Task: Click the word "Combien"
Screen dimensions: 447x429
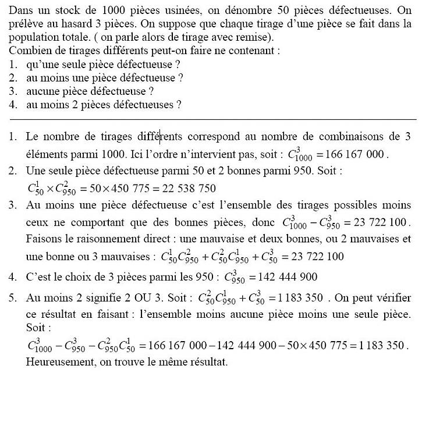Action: (x=29, y=51)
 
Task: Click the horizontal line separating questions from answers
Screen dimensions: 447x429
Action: (x=214, y=119)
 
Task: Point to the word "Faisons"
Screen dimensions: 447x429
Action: (x=42, y=239)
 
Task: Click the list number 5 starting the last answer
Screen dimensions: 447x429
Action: (x=13, y=298)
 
